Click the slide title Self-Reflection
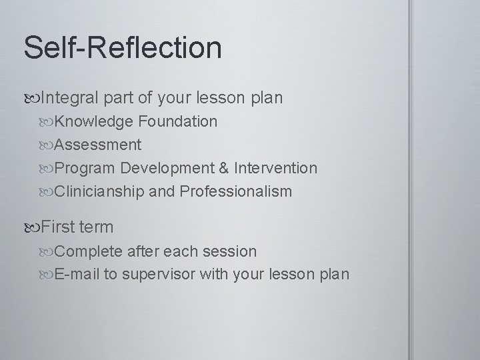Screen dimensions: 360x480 (x=122, y=47)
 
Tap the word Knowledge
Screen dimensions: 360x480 (x=94, y=121)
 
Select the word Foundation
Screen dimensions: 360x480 (x=178, y=121)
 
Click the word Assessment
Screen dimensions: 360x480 (x=97, y=145)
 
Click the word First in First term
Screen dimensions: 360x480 (x=59, y=227)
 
